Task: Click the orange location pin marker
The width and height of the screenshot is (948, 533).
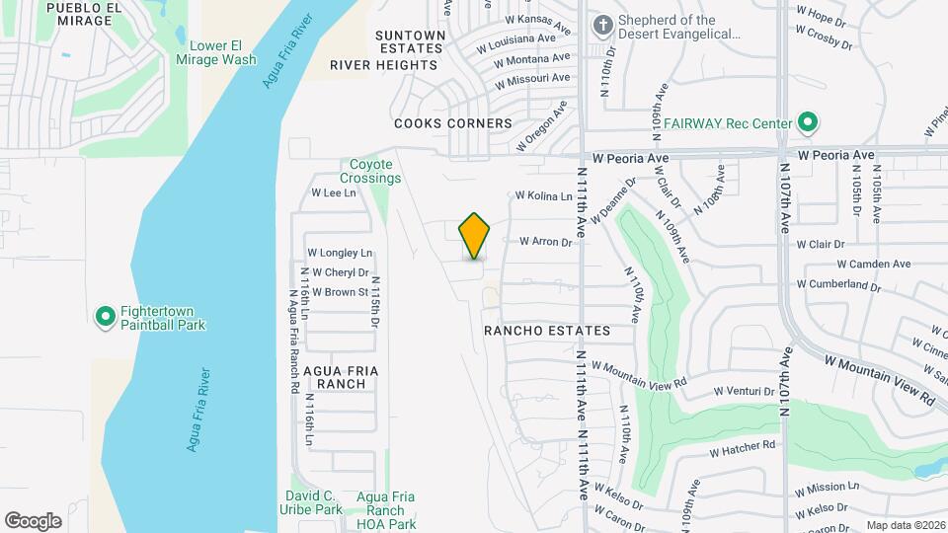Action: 475,236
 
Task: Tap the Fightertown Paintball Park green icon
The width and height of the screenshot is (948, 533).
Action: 105,317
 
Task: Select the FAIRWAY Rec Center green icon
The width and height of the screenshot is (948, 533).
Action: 808,123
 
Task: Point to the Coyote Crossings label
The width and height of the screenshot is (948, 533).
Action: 370,172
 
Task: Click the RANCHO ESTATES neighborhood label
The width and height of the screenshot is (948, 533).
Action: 546,331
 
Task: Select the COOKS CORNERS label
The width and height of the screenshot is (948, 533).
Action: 453,123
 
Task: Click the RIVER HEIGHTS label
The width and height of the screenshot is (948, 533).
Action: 383,65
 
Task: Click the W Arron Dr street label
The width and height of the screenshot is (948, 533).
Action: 545,242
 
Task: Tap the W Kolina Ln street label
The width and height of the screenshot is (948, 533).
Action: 543,196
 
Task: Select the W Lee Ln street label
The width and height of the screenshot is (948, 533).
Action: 333,193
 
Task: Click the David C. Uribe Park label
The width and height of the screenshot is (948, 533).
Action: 313,502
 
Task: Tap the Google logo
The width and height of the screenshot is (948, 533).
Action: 33,520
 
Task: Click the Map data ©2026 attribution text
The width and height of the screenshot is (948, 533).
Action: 906,525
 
